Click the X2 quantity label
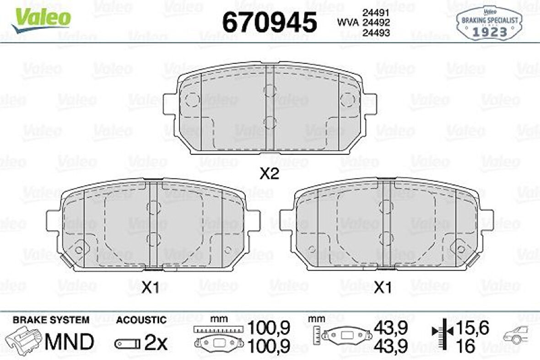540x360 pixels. point(269,174)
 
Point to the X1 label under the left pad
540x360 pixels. point(150,288)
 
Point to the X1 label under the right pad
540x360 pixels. point(383,288)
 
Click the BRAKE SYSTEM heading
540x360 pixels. point(51,320)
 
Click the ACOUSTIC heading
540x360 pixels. point(141,320)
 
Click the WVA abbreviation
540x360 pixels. point(348,22)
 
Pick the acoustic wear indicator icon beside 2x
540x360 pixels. point(128,343)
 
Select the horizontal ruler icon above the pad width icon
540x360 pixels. point(217,329)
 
